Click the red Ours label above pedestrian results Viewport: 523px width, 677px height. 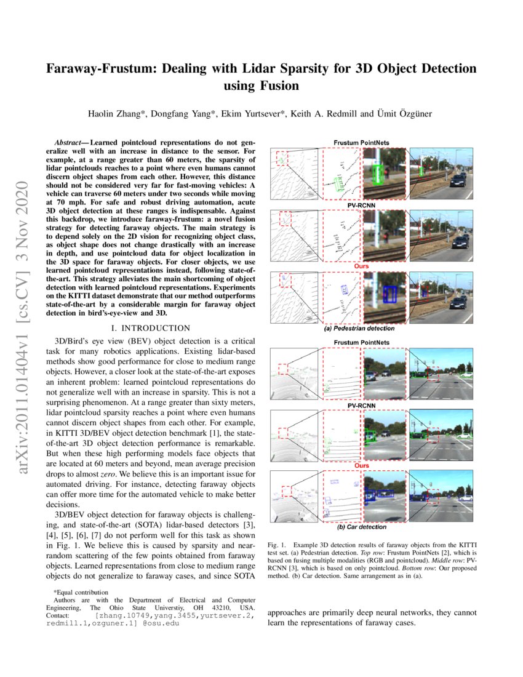(x=361, y=266)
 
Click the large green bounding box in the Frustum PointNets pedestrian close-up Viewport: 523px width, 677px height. (x=379, y=175)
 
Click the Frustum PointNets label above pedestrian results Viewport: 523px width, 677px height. (x=361, y=143)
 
